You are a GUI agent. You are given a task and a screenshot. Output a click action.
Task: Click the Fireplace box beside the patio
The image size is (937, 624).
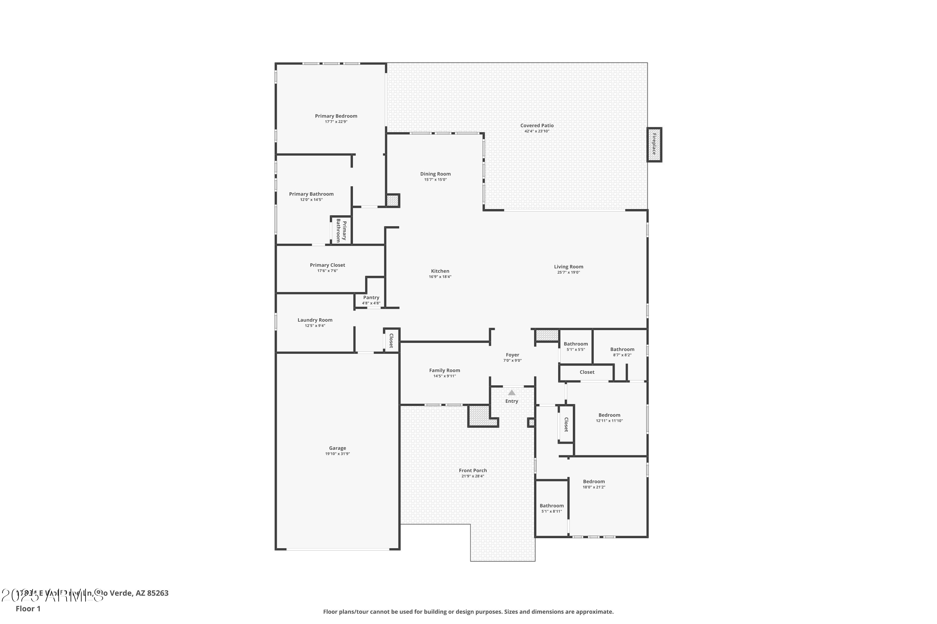pos(654,144)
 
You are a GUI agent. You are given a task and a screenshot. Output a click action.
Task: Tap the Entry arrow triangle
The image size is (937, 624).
pos(512,393)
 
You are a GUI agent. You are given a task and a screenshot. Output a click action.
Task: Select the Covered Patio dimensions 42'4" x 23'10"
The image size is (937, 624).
pos(537,131)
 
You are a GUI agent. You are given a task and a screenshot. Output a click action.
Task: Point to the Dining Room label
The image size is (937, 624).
pos(435,174)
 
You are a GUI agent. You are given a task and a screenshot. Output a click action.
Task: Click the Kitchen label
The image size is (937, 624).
pos(440,271)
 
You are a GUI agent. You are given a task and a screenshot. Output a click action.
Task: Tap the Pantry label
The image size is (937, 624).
pos(371,298)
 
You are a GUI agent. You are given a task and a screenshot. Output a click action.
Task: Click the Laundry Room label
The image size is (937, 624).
pos(315,320)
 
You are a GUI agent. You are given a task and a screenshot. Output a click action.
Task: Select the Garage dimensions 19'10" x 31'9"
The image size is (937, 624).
pos(337,454)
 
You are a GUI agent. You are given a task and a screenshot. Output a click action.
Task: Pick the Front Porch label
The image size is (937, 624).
pos(473,470)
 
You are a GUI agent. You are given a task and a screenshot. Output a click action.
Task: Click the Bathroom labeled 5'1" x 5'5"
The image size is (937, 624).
pos(575,344)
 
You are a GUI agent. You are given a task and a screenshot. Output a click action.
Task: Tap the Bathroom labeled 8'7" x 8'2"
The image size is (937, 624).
pos(622,349)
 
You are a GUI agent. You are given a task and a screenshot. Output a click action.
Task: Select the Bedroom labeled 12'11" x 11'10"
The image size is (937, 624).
pos(609,415)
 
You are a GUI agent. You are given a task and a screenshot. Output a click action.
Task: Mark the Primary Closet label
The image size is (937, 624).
pos(327,265)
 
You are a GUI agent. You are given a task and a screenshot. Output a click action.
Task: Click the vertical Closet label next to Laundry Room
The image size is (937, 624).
pos(391,341)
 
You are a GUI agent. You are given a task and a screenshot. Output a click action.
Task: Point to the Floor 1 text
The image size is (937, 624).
pos(28,608)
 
